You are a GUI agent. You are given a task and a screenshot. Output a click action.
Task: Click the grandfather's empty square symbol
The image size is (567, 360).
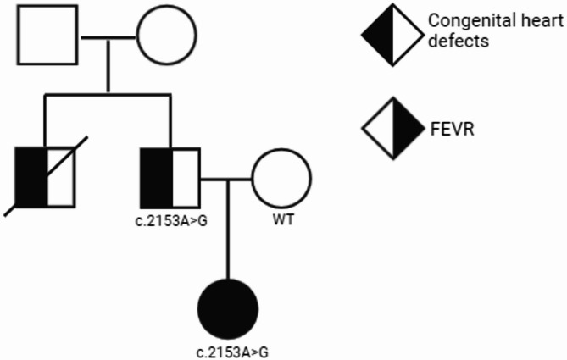coord(47,38)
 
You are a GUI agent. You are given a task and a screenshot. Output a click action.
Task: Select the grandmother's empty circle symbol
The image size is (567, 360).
coord(166,38)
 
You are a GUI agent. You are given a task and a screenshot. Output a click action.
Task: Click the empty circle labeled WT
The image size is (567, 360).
coord(281,179)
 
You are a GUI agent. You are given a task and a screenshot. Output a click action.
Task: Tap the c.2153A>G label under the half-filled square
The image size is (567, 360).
coord(171,223)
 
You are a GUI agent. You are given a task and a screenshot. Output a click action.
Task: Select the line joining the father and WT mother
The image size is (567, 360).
coord(225,179)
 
